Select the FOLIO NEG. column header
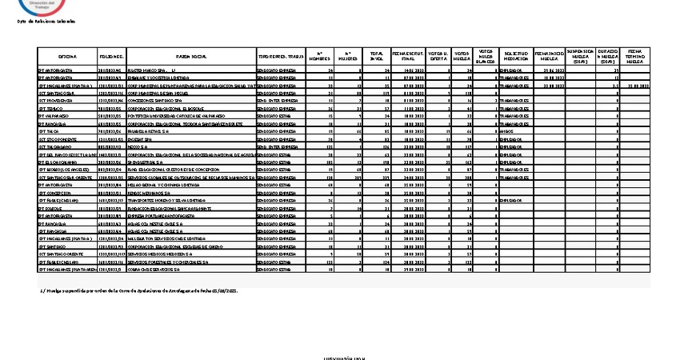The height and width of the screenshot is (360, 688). pyautogui.click(x=111, y=58)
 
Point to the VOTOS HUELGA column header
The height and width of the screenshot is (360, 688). pyautogui.click(x=462, y=58)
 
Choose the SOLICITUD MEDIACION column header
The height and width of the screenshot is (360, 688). pyautogui.click(x=517, y=58)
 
